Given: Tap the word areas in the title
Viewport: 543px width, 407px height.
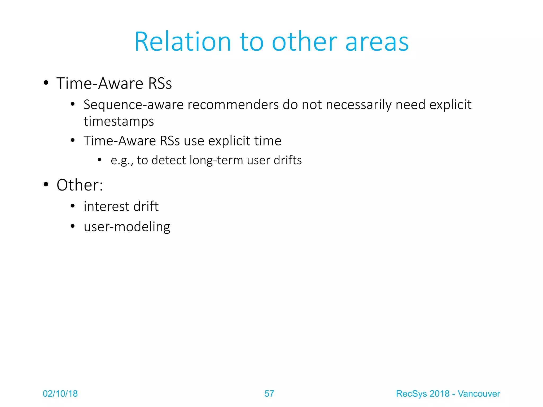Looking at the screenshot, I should [x=377, y=42].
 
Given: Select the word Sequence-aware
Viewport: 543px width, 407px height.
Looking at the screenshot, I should [x=133, y=105].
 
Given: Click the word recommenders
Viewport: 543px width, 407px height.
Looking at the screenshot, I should [x=233, y=105].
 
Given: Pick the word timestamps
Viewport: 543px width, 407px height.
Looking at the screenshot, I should [x=119, y=121].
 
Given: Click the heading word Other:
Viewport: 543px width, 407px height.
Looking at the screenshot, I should [x=80, y=185].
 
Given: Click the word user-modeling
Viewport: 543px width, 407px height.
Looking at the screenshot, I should [x=127, y=227].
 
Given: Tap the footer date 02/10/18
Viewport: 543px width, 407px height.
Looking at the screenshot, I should [x=60, y=394].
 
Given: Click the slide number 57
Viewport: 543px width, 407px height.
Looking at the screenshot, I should [x=269, y=394].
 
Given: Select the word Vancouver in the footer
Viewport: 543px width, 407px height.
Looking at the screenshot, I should [x=479, y=394].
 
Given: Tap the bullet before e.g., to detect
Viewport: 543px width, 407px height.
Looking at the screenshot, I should [x=99, y=160].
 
